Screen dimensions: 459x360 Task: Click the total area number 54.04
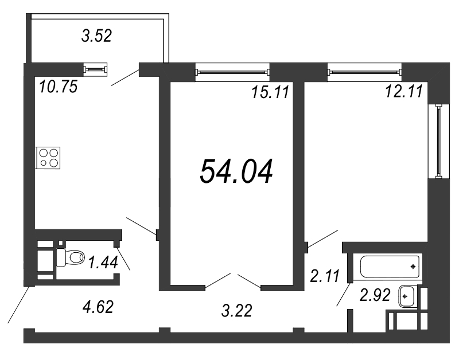pos(236,171)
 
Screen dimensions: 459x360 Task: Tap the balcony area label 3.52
pos(96,36)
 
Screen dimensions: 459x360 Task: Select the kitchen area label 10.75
pos(59,87)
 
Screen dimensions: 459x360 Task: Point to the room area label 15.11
pos(270,92)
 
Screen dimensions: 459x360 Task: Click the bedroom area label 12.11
pos(404,91)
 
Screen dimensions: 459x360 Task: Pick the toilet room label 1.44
pos(103,262)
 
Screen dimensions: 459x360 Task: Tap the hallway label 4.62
pos(98,307)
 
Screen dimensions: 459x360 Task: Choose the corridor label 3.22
pos(236,311)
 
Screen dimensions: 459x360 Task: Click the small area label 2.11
pos(325,276)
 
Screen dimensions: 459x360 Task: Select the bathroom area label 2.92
pos(375,295)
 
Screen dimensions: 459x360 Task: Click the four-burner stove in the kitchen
pos(48,158)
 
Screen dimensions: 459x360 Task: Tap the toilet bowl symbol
pos(70,257)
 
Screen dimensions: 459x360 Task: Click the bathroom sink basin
pos(407,296)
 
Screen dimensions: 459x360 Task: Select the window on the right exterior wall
pos(438,141)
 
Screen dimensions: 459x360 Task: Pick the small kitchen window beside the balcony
pos(95,69)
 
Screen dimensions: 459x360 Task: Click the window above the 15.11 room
pos(233,72)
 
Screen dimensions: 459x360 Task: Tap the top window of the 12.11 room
pos(365,72)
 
